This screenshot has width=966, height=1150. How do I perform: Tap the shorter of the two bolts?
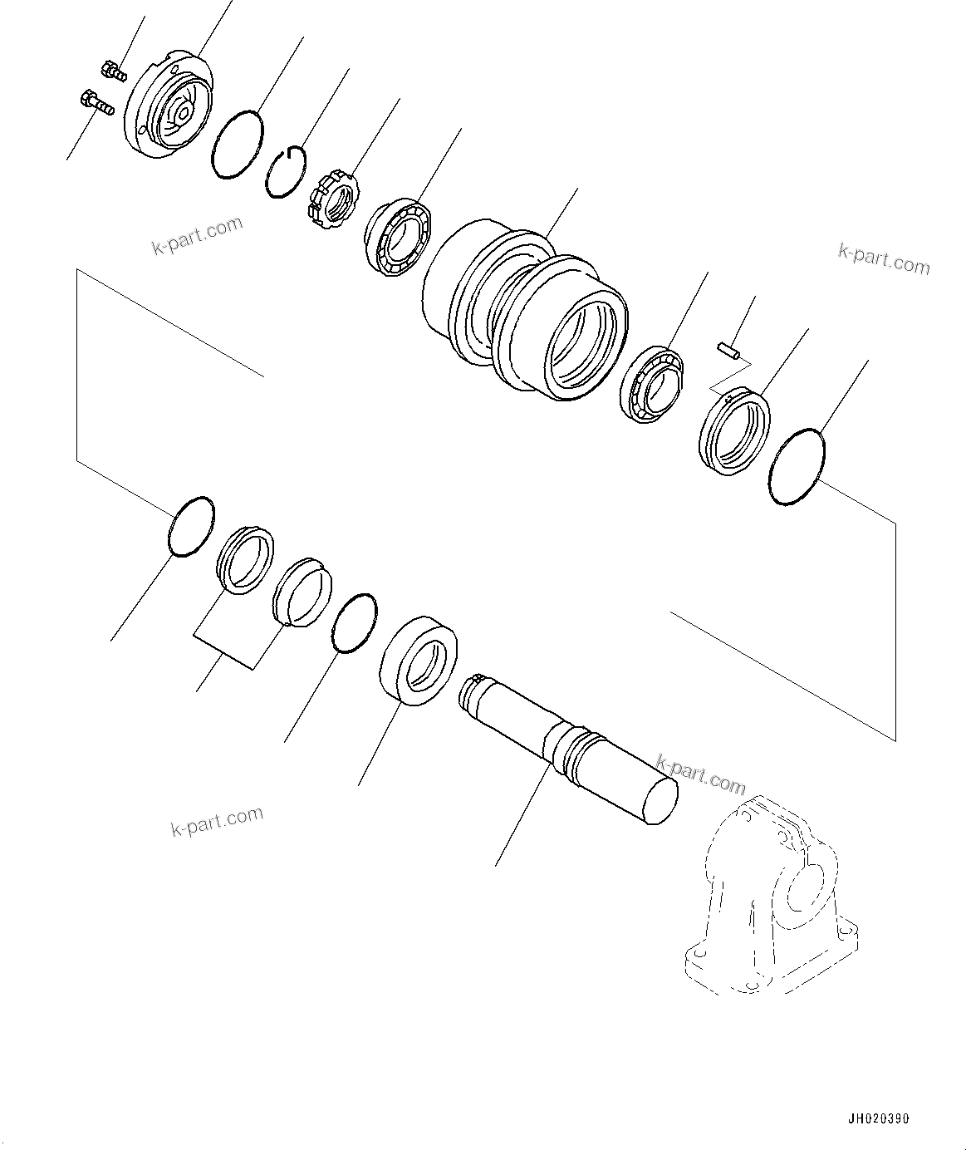[x=112, y=71]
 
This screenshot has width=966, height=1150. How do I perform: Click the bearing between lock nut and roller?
[x=398, y=234]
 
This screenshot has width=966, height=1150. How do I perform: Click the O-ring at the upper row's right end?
[x=797, y=466]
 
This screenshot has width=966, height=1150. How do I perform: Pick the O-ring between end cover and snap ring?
[x=238, y=145]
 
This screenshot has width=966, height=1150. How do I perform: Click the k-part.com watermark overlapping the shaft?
[x=700, y=774]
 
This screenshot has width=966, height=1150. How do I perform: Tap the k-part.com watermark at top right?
[x=884, y=258]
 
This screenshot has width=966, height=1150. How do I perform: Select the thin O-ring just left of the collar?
[x=353, y=623]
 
